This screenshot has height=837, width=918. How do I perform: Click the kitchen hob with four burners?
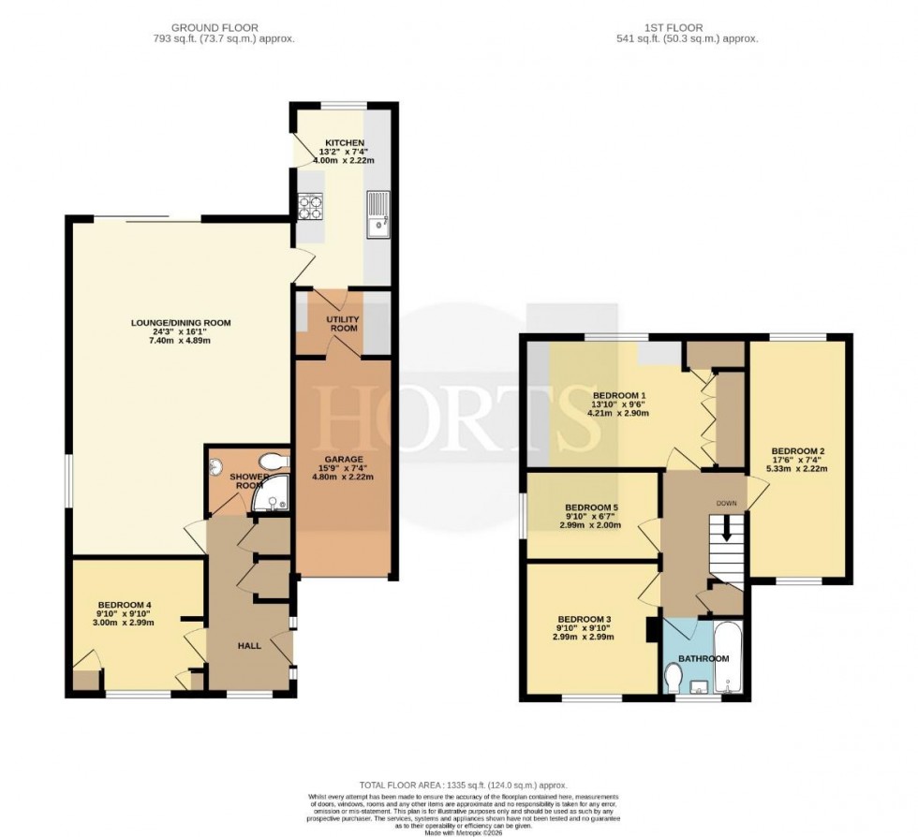[x=310, y=206]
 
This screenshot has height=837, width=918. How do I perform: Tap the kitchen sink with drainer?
[x=378, y=214]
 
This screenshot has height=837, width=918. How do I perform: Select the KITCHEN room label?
[x=318, y=142]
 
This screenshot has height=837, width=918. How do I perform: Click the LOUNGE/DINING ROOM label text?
[x=180, y=323]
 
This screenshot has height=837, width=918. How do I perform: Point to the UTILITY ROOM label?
[x=344, y=323]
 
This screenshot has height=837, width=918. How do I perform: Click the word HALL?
[x=249, y=645]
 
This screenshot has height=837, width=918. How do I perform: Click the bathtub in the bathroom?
[x=728, y=658]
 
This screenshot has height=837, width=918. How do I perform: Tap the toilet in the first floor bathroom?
[x=673, y=675]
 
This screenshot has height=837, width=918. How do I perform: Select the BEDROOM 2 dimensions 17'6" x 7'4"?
[x=798, y=459]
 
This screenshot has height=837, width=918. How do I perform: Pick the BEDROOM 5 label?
[x=592, y=507]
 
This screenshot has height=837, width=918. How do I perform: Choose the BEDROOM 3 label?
[x=585, y=619]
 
